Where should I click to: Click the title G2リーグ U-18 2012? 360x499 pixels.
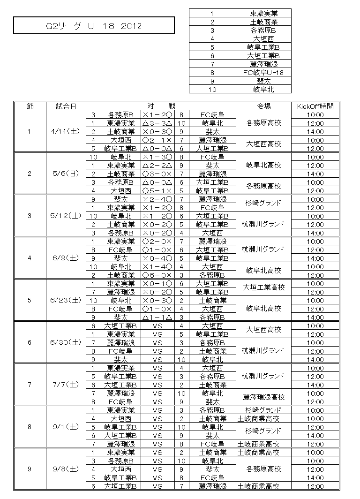coord(94,26)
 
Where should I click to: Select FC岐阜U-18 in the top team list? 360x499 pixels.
coord(263,73)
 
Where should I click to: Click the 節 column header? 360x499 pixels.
coord(30,106)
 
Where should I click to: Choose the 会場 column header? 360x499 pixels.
coord(263,106)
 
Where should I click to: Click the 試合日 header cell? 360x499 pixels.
coord(66,106)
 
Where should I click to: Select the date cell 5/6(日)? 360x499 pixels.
coord(66,174)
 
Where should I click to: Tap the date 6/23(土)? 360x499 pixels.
coord(66,300)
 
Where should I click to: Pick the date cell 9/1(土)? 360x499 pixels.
coord(66,427)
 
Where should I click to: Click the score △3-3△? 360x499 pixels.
coord(157,123)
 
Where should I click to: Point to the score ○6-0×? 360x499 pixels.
coord(157,275)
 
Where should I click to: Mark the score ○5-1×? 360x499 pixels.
coord(157,190)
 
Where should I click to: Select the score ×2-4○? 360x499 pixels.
coord(157,199)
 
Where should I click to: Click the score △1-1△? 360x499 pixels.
coord(157,317)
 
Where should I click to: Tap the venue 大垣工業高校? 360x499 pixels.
coord(263,287)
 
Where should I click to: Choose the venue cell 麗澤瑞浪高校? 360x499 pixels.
coord(263,397)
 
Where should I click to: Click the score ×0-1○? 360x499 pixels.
coord(157,283)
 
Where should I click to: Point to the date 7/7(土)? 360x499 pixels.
coord(66,385)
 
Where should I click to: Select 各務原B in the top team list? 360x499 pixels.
coord(263,30)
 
